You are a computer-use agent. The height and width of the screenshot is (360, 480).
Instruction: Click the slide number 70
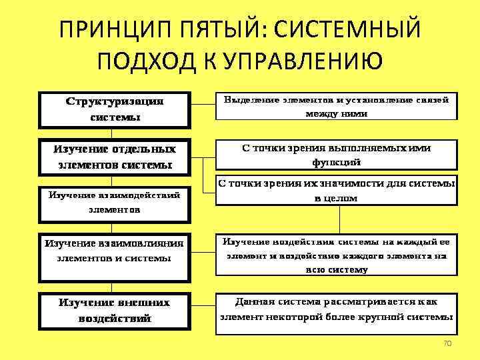(x=447, y=343)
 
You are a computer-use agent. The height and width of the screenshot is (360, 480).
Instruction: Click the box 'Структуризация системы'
(x=115, y=109)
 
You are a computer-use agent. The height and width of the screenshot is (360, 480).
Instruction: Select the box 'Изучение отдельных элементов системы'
(x=115, y=156)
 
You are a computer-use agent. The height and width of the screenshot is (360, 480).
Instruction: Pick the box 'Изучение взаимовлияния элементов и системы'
(x=115, y=250)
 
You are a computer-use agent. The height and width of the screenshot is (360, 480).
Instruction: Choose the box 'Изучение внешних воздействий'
(x=115, y=310)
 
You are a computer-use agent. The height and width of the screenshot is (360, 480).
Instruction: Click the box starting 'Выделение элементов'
(x=336, y=106)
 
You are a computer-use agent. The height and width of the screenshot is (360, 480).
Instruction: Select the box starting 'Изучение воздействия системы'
(x=336, y=255)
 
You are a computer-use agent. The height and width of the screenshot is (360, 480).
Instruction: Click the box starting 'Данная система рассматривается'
(x=336, y=309)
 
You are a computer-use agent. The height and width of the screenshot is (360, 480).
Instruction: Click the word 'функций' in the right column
(x=336, y=162)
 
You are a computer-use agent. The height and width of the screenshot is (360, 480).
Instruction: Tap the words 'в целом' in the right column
(x=336, y=198)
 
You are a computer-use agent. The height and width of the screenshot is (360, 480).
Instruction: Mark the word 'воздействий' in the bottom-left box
(x=115, y=318)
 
